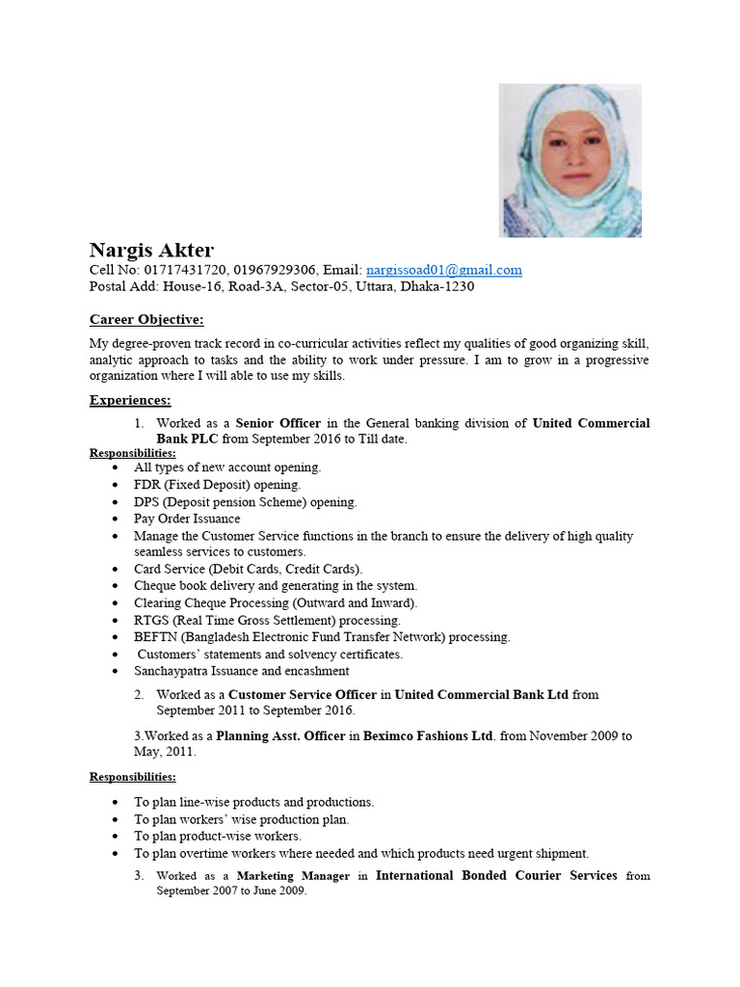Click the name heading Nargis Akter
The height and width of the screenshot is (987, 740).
(x=152, y=251)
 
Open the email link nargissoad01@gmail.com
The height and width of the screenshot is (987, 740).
(x=443, y=271)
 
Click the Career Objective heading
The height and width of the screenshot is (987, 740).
(x=146, y=320)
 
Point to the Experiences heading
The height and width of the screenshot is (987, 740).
(x=130, y=400)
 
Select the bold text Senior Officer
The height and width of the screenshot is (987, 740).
(x=277, y=423)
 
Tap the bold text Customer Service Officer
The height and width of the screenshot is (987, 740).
(x=302, y=695)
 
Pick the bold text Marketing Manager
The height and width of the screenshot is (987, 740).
(x=293, y=876)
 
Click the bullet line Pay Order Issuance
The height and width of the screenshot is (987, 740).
(x=187, y=519)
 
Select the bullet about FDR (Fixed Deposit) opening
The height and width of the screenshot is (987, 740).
(x=217, y=485)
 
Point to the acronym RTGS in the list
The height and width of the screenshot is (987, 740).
(x=151, y=620)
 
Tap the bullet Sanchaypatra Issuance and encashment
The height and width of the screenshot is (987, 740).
(x=241, y=671)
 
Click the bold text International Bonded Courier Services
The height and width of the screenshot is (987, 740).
(x=496, y=876)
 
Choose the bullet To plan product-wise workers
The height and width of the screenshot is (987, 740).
(x=217, y=837)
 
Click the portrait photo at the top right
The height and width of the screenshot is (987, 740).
(x=569, y=160)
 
